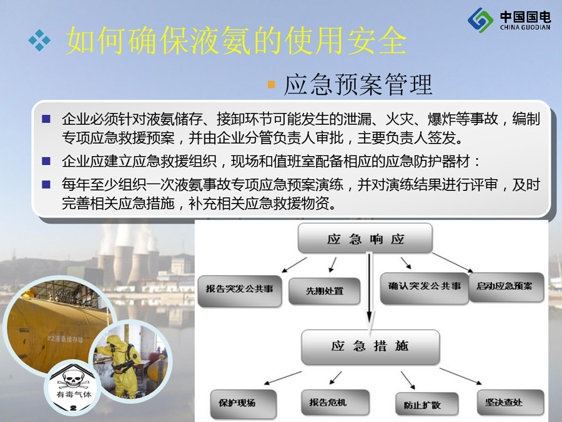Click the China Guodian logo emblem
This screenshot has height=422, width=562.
coord(480,20)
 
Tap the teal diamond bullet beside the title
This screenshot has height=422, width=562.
coord(39,40)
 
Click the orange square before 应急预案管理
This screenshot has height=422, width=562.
coord(272,84)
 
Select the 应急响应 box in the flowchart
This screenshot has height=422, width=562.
coord(365,238)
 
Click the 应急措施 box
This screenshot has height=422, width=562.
coord(370,346)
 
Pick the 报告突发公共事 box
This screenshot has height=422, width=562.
coord(239,291)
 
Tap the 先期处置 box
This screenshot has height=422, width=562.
coord(324,291)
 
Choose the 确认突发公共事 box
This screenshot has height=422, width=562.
coord(425,288)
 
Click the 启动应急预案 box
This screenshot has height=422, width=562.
coord(506,287)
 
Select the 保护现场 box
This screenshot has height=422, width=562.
coord(244,404)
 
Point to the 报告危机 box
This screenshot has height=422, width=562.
coord(335,402)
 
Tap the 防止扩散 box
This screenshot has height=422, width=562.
coord(426,404)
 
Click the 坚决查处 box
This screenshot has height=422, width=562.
coord(510,403)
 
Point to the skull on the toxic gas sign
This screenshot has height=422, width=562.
coord(73,379)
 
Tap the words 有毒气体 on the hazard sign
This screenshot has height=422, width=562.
coord(74,395)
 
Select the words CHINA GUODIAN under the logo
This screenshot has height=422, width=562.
coord(525,27)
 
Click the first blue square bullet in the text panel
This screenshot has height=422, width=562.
coord(46,119)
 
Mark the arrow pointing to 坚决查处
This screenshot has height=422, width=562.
coord(461,376)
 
